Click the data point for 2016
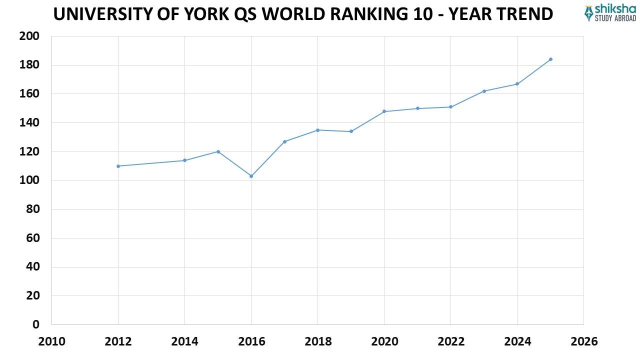(x=251, y=176)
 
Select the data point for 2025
(x=550, y=59)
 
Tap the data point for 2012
(x=118, y=166)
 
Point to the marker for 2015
(x=218, y=151)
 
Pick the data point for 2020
(x=384, y=111)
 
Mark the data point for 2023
(x=484, y=91)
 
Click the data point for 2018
(x=317, y=130)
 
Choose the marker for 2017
(x=284, y=141)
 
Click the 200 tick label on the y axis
(x=29, y=36)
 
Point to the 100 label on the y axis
(x=29, y=180)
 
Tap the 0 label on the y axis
(x=35, y=324)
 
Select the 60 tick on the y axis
(x=32, y=238)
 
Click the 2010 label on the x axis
(x=51, y=342)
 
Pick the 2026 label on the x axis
(x=583, y=342)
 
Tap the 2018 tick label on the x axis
(x=317, y=342)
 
